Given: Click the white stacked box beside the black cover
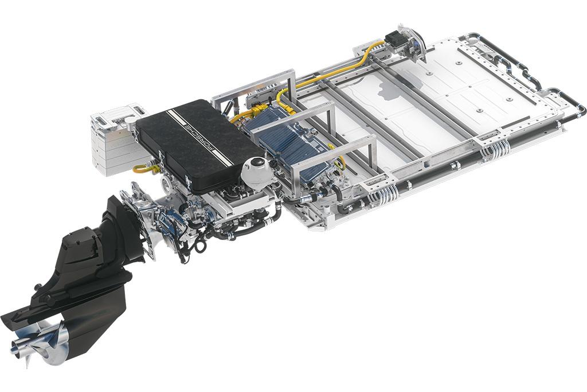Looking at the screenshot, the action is pos(115,140).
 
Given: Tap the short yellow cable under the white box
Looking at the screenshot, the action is pos(144,168).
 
